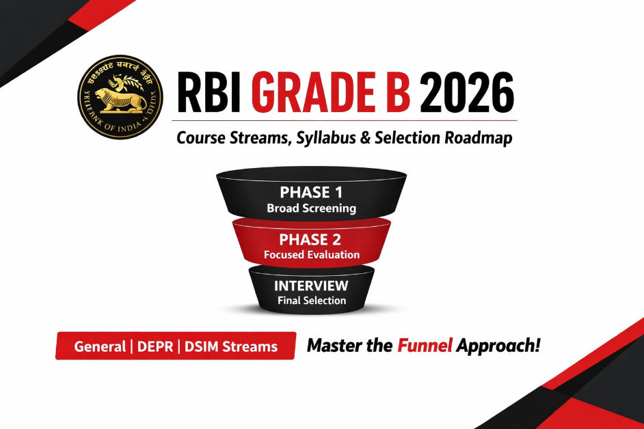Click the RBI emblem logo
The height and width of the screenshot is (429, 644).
(120, 96)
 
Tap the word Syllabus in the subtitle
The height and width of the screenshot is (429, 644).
(324, 138)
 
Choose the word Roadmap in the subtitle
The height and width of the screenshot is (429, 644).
(479, 137)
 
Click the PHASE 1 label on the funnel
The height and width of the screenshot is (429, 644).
(311, 193)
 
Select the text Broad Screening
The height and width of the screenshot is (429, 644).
(311, 208)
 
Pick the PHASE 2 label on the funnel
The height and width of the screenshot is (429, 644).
(311, 240)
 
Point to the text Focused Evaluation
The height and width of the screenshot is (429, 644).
(311, 255)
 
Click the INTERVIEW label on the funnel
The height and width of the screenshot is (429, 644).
(311, 286)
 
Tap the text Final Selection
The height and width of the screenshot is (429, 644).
(311, 300)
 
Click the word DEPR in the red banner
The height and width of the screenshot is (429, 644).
(155, 346)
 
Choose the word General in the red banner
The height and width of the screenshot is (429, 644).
(99, 346)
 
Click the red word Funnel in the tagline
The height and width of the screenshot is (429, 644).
(425, 346)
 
